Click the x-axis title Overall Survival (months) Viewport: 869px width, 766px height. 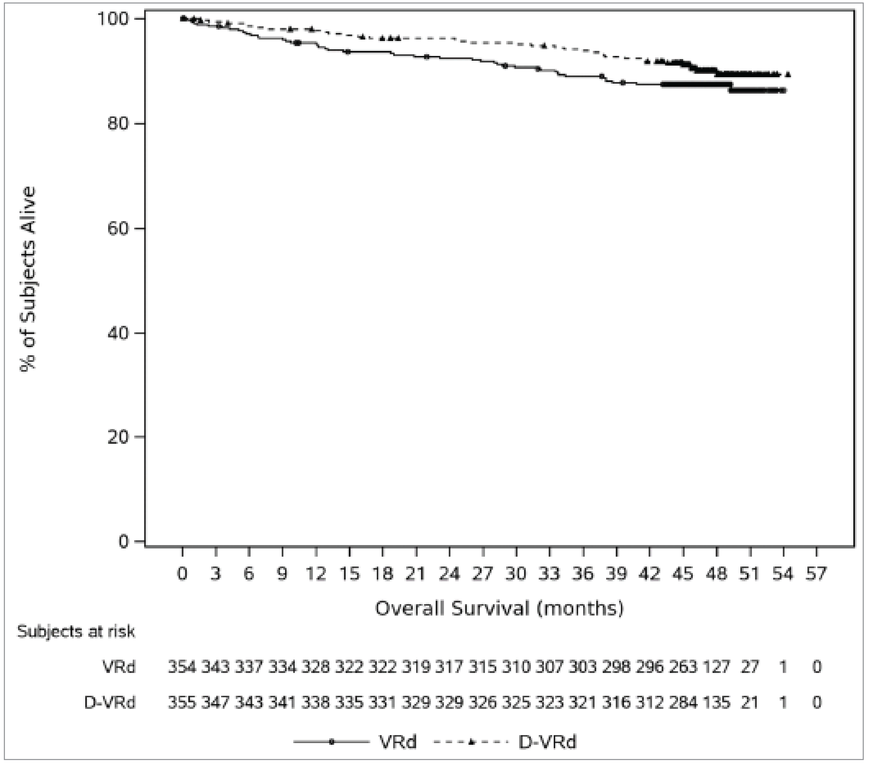(x=499, y=608)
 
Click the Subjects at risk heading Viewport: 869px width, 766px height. (x=76, y=632)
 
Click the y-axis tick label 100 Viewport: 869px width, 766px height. (x=113, y=19)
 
